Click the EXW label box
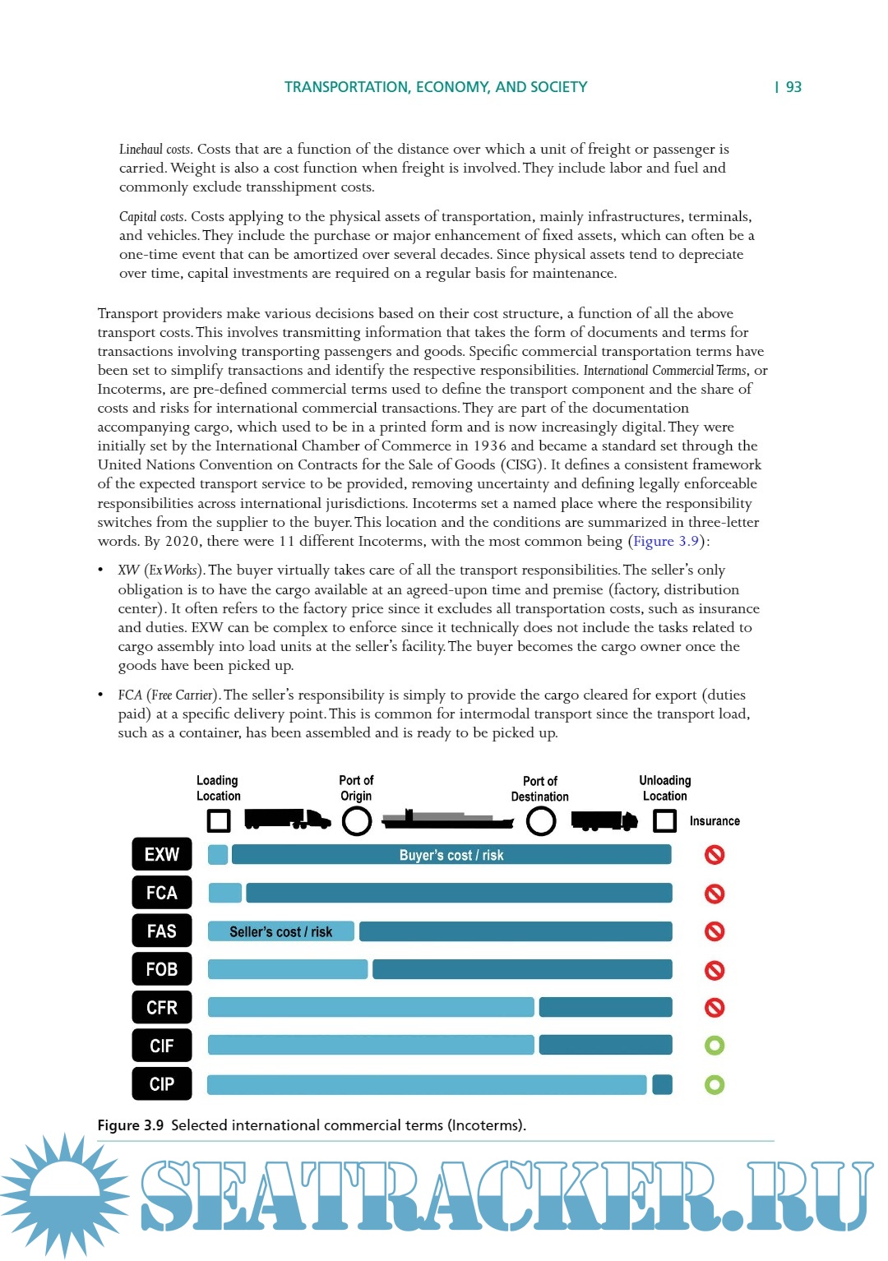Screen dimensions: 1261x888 [162, 854]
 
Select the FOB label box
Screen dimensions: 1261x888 [162, 969]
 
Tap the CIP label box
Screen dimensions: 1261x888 [162, 1083]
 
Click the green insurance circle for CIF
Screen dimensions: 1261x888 [715, 1046]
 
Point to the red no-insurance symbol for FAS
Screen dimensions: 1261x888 [715, 931]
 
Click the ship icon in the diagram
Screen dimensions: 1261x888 [448, 819]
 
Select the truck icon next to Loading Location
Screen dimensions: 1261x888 [287, 819]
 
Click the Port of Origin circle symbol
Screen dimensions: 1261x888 [357, 820]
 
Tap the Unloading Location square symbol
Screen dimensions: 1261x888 [664, 820]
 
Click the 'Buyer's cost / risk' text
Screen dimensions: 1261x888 [451, 855]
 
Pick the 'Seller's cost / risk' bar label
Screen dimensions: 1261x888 [280, 931]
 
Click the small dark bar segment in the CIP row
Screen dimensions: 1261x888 [662, 1084]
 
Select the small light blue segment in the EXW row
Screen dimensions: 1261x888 [218, 855]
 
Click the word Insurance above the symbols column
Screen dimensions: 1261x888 [715, 821]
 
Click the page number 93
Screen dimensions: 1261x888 [793, 87]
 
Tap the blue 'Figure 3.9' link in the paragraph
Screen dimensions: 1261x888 [665, 541]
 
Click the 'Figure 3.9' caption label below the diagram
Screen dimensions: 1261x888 [131, 1125]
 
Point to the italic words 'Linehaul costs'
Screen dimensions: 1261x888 [155, 149]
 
